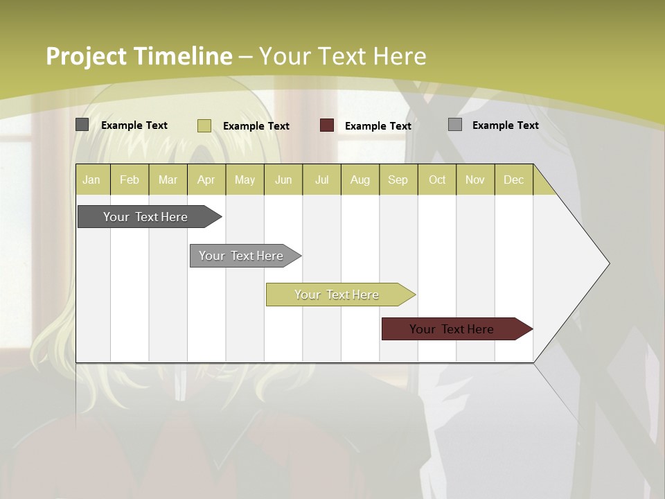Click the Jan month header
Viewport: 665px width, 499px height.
tap(91, 180)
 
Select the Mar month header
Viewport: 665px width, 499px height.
tap(168, 180)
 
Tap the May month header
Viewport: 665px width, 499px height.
tap(245, 180)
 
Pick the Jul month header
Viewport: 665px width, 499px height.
tap(321, 180)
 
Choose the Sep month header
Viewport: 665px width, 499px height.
tap(398, 180)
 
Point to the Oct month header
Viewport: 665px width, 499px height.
tap(437, 180)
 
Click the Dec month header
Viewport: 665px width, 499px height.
tap(513, 180)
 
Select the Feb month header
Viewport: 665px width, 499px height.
tap(130, 180)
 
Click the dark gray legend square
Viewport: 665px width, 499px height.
tap(82, 125)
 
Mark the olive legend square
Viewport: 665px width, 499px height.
tap(204, 125)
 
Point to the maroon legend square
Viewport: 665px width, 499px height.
tap(327, 125)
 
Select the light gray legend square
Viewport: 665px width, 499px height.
tap(455, 125)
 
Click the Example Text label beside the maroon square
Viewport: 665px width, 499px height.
tap(378, 126)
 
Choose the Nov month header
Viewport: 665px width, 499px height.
tap(475, 180)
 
